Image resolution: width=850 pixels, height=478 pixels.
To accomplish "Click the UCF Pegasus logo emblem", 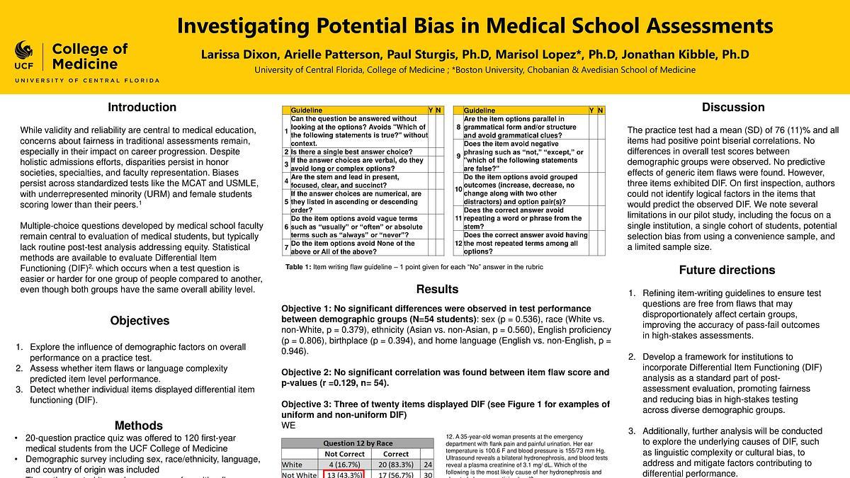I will coord(24,51).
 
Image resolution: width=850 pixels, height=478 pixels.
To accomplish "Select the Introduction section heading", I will coord(142,108).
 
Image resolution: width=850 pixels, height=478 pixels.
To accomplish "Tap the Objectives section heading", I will coord(140,321).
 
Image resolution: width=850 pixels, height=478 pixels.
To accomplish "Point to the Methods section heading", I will coord(139,426).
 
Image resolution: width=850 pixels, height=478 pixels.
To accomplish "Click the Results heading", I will coord(438,289).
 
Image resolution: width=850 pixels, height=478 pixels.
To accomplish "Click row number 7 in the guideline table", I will coord(285,248).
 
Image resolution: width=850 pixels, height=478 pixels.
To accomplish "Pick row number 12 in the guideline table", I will coord(458,244).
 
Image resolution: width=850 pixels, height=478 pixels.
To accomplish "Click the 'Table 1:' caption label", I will coord(298,266).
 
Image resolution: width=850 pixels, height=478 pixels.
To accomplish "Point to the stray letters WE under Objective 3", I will coord(288,426).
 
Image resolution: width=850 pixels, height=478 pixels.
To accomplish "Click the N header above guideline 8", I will coord(601,110).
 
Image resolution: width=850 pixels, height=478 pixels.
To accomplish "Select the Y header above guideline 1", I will coord(431,110).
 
